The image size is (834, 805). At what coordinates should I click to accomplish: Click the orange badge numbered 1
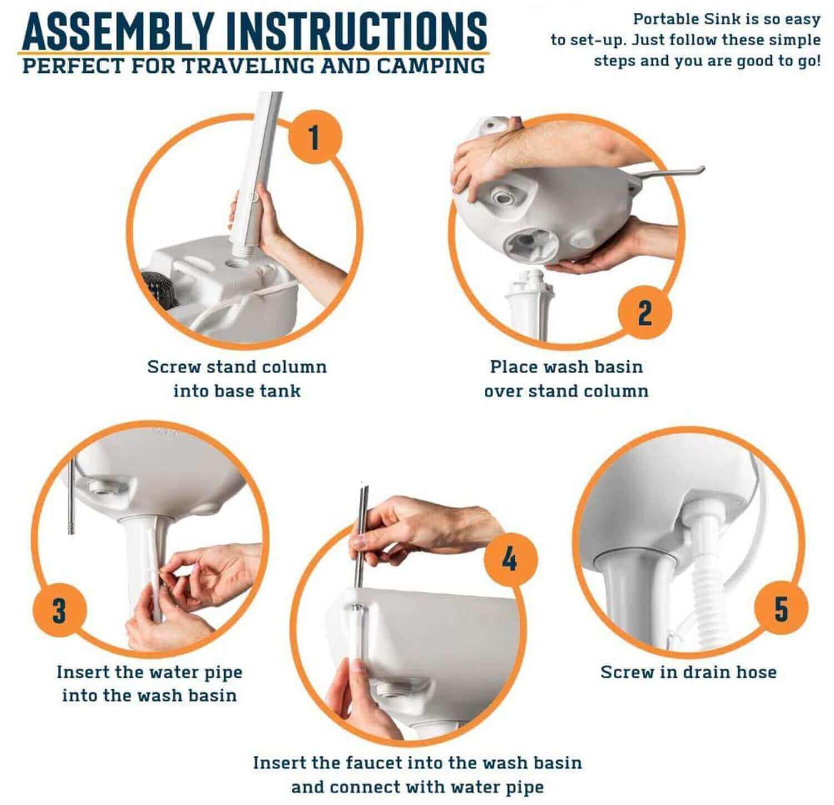click(314, 137)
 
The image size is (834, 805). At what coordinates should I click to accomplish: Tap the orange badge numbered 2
click(644, 313)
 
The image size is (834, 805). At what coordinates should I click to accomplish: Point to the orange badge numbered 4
click(510, 560)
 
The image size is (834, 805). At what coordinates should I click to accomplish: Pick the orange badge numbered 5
click(781, 609)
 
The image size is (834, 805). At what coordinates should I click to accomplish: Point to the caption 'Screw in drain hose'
click(688, 672)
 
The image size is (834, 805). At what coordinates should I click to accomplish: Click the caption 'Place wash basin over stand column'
click(566, 379)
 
